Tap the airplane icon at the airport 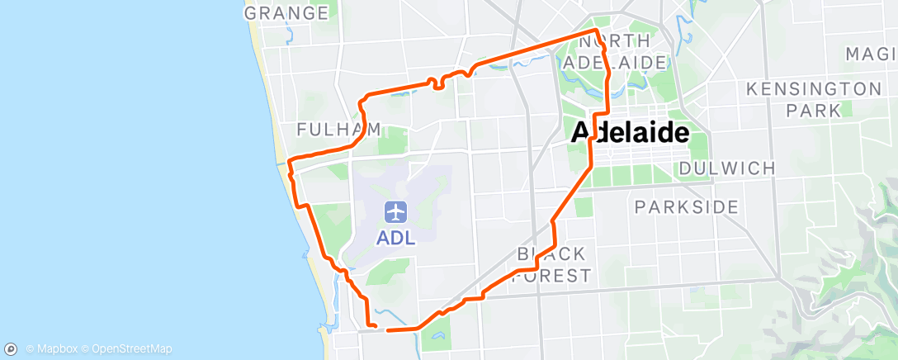pyautogui.click(x=397, y=212)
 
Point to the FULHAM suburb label pyautogui.click(x=338, y=129)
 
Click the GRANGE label pyautogui.click(x=286, y=12)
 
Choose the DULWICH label pyautogui.click(x=727, y=168)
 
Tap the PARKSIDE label pyautogui.click(x=688, y=206)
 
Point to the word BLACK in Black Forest pyautogui.click(x=551, y=253)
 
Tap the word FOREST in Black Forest pyautogui.click(x=551, y=275)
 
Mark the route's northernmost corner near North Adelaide pyautogui.click(x=595, y=31)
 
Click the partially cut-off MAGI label pyautogui.click(x=871, y=54)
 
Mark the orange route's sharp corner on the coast pyautogui.click(x=287, y=157)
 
